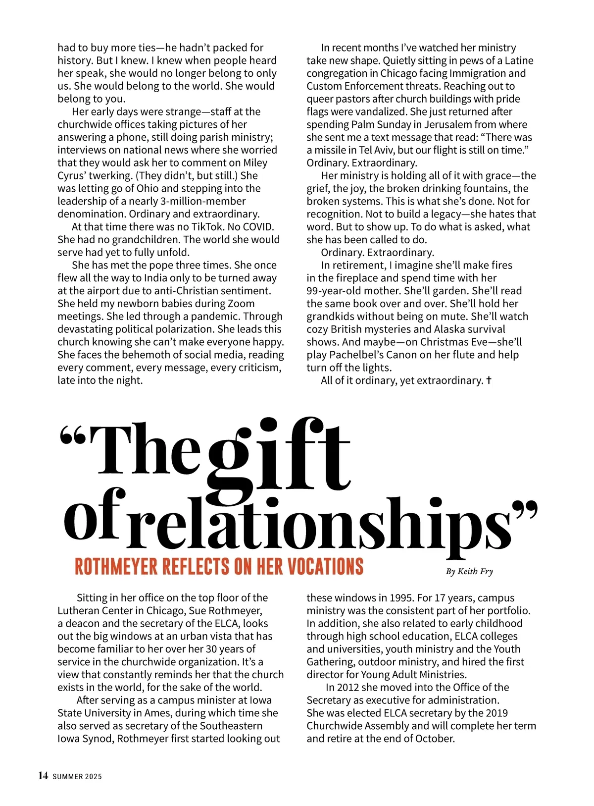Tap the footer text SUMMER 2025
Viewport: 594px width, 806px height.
coord(77,776)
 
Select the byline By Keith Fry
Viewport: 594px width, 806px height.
coord(469,571)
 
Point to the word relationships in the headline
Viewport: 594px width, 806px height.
coord(319,523)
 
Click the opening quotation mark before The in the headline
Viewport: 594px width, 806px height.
coord(73,436)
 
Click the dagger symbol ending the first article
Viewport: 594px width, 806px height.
coord(489,380)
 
